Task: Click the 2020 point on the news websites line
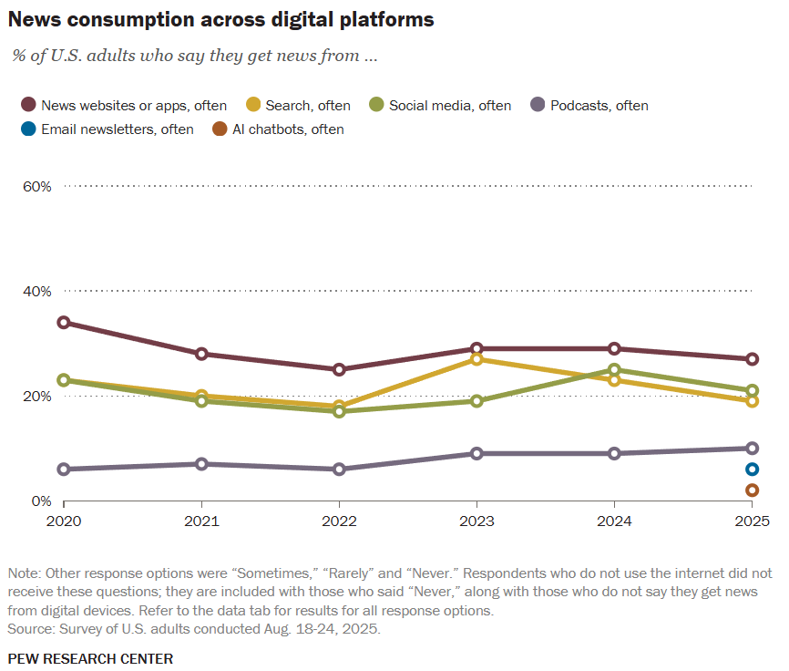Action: click(64, 323)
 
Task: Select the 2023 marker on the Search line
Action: click(476, 359)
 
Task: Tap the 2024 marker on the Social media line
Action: click(614, 370)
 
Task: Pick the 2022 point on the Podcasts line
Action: click(339, 470)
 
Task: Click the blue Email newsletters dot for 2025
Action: click(752, 470)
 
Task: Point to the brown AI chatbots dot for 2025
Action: click(752, 490)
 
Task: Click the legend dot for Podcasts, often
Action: click(538, 106)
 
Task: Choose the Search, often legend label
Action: click(307, 106)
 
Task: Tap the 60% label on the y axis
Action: click(36, 186)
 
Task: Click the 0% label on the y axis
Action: click(41, 501)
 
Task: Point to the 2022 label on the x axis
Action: click(339, 522)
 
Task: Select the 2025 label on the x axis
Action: click(752, 522)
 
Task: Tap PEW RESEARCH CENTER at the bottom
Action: click(90, 658)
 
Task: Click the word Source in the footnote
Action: click(29, 629)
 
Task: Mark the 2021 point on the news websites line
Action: click(201, 354)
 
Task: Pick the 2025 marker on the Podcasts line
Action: click(752, 449)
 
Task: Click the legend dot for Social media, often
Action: click(376, 106)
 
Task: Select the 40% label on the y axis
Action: click(36, 291)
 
